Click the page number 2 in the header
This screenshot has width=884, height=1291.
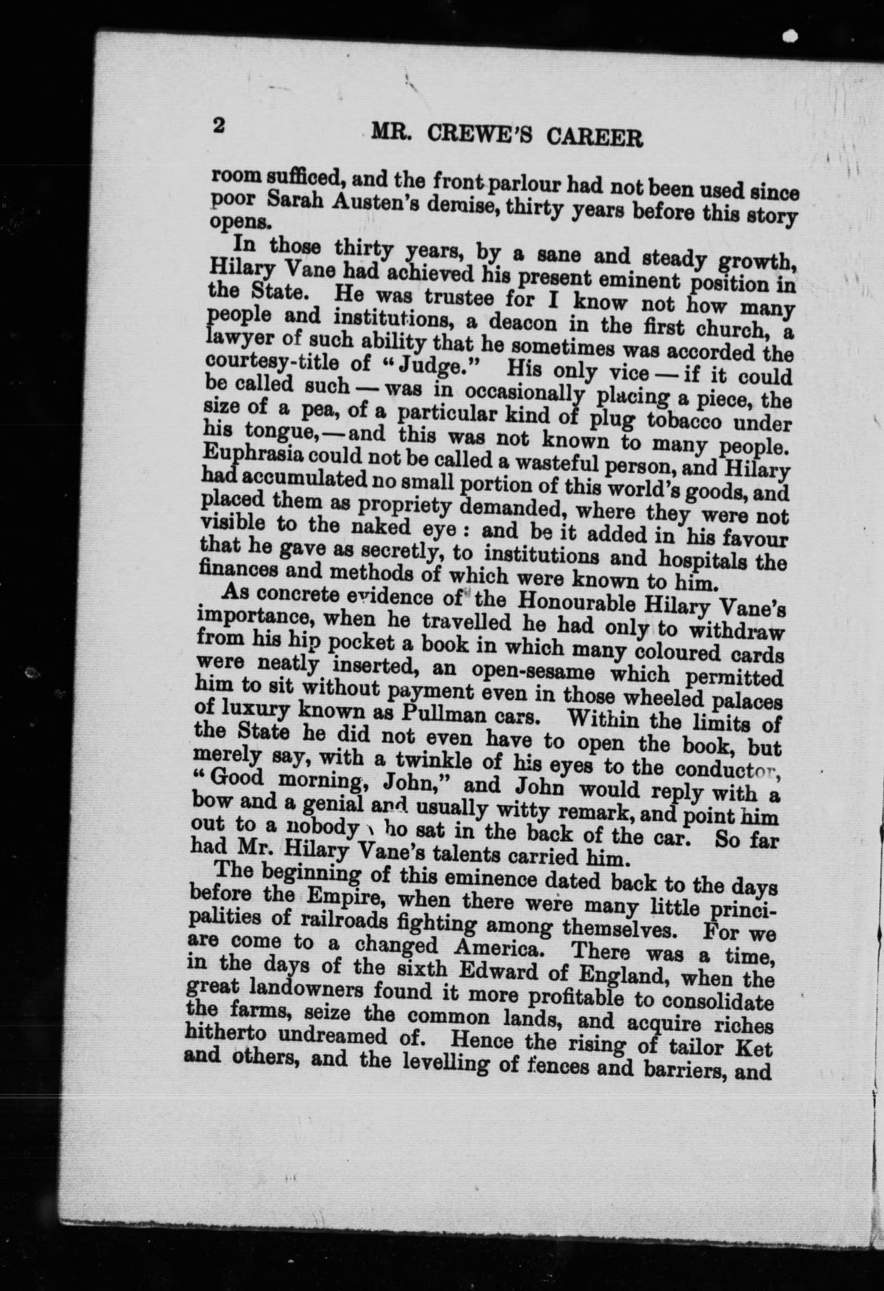click(x=217, y=125)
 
